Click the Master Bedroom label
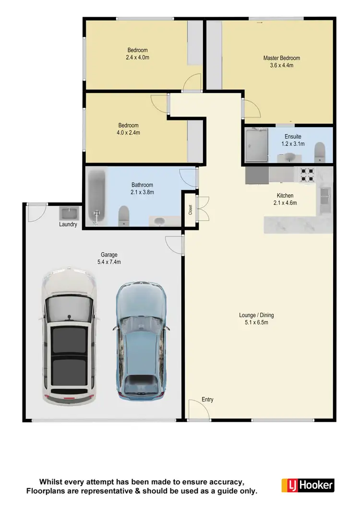tap(281, 58)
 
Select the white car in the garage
tap(70, 336)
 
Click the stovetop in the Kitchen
tap(307, 175)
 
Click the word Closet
tap(191, 210)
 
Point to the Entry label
tap(207, 399)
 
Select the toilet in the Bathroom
tap(124, 214)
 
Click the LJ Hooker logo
tap(308, 485)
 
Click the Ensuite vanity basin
tap(289, 156)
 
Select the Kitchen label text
tap(285, 196)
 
